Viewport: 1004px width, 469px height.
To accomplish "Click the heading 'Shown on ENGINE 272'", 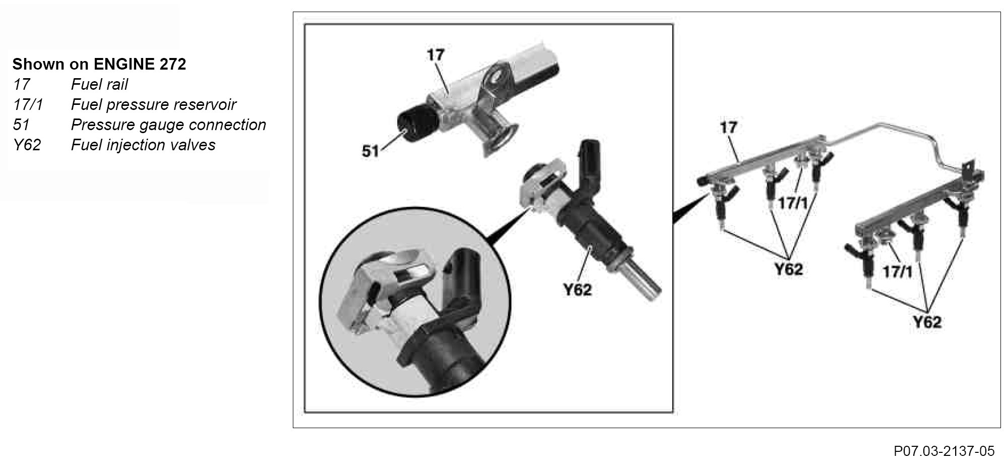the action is (99, 64).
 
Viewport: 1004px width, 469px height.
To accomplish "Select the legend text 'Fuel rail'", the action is (99, 84).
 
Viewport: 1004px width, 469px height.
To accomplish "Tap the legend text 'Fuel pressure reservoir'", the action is (154, 105).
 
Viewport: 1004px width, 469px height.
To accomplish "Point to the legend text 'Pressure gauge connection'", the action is (168, 125).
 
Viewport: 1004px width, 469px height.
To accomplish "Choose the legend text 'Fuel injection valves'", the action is (143, 145).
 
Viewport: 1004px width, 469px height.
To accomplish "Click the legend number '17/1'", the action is (28, 105).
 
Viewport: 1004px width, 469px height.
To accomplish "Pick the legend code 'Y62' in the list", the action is (27, 145).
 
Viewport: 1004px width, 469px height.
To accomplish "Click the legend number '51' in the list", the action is (22, 125).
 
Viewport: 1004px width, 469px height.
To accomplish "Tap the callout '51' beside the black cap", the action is (370, 151).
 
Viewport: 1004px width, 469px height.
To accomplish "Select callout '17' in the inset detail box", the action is (435, 54).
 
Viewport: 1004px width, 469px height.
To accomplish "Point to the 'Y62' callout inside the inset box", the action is (577, 289).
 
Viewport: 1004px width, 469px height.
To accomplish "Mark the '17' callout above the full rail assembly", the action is (728, 127).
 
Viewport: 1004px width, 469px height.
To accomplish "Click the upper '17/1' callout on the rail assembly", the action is (793, 204).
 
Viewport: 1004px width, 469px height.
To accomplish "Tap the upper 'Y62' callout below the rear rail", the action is (788, 269).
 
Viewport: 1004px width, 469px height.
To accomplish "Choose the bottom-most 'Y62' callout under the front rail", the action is (927, 322).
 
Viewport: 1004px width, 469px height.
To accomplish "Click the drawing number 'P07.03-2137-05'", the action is (944, 450).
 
